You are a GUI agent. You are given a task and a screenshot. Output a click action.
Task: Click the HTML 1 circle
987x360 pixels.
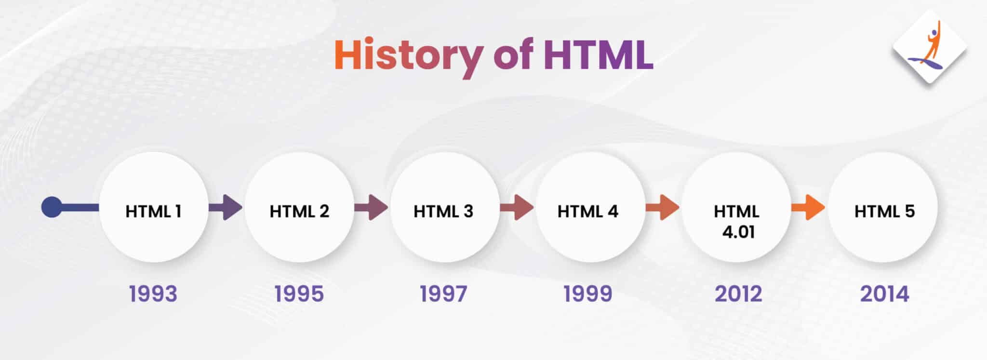point(153,208)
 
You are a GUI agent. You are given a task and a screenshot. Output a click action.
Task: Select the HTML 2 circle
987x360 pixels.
point(299,208)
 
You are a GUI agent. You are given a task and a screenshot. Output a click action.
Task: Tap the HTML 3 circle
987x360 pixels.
point(444,208)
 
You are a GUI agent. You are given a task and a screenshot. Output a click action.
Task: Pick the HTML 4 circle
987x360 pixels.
point(590,208)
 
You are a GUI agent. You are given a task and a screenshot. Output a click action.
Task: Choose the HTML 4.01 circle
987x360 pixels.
point(736,208)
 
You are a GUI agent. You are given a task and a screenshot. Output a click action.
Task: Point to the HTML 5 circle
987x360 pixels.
point(883,208)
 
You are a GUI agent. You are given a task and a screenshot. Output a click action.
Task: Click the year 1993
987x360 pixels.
point(153,293)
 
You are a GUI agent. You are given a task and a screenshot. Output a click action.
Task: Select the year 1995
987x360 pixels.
point(299,293)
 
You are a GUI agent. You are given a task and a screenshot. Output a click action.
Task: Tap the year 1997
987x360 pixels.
point(443,293)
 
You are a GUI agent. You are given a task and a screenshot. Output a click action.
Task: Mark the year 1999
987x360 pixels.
point(588,293)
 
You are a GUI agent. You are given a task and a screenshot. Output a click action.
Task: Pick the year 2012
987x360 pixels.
point(738,293)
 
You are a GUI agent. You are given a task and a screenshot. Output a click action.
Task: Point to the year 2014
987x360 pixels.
point(885,293)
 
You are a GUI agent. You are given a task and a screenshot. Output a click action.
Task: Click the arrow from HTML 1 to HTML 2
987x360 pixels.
point(226,208)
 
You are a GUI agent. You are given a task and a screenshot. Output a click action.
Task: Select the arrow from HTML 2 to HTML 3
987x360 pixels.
point(371,208)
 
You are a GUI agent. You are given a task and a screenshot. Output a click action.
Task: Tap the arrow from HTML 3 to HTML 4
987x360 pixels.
point(517,208)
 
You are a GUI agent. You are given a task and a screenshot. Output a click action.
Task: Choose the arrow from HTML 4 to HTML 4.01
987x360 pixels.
point(663,208)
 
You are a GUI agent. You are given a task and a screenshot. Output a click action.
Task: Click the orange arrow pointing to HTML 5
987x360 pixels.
point(808,208)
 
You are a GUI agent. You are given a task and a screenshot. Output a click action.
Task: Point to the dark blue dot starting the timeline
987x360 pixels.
point(52,207)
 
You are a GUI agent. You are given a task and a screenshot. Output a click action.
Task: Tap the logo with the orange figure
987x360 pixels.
point(930,47)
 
